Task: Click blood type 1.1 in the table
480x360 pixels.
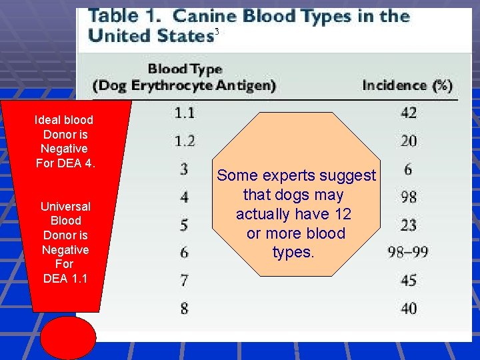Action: pos(185,112)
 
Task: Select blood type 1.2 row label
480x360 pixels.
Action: pos(185,140)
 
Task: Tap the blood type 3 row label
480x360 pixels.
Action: pos(184,168)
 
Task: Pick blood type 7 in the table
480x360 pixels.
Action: pos(184,280)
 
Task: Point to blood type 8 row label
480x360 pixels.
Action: pos(184,308)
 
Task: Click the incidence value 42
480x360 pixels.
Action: pos(409,113)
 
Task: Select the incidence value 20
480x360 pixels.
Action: pos(409,141)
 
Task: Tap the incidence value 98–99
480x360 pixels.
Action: pos(408,252)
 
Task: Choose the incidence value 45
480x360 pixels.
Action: pos(409,280)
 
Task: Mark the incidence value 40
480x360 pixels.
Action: pos(409,308)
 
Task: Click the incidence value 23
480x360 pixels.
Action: pos(409,224)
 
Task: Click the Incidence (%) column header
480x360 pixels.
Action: pos(407,85)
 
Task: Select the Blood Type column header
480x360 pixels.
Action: pos(185,69)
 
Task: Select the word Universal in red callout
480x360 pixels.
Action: pos(65,206)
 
